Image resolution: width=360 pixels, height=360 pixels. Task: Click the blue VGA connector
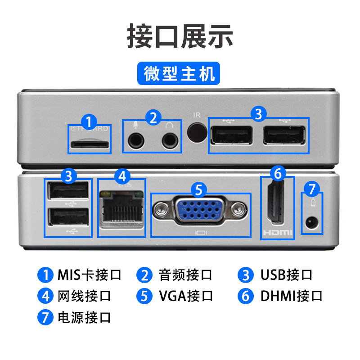[x=199, y=209]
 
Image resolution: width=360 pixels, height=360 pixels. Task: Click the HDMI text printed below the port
[x=278, y=233]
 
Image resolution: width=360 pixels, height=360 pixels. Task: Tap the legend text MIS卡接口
[x=90, y=274]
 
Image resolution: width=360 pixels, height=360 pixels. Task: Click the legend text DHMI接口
[x=291, y=296]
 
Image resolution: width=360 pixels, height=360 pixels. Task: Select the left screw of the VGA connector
[x=161, y=209]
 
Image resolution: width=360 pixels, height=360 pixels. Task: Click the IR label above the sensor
[x=197, y=115]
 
